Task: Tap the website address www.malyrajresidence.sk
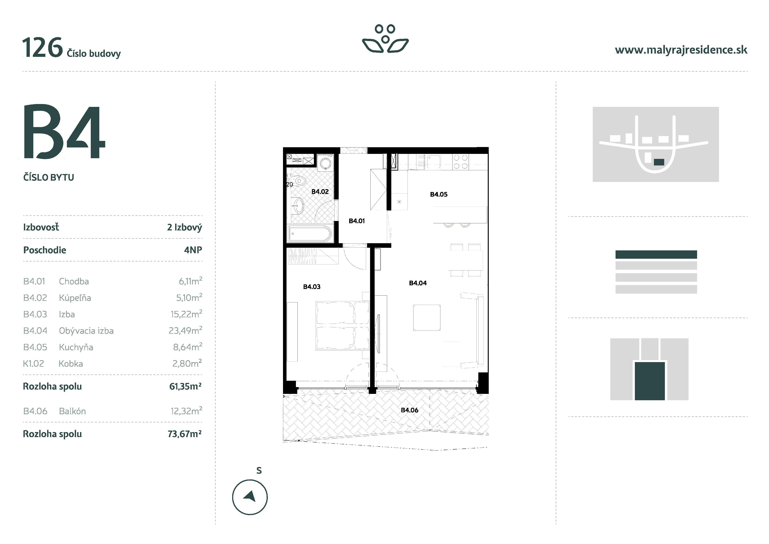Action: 681,50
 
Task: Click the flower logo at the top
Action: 385,39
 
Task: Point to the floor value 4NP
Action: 193,250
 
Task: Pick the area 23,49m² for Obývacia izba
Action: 185,330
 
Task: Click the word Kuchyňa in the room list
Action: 76,347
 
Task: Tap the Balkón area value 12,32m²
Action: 186,411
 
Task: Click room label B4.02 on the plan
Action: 320,192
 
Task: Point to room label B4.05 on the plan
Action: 438,194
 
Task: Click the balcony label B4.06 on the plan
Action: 409,410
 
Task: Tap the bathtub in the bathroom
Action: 310,234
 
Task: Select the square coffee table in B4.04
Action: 427,317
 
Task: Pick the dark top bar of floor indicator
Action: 656,254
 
